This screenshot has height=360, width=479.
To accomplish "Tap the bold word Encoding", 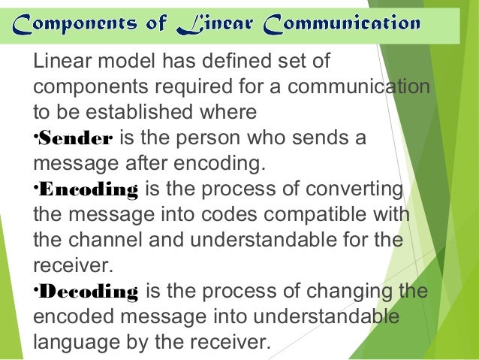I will [89, 190].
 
